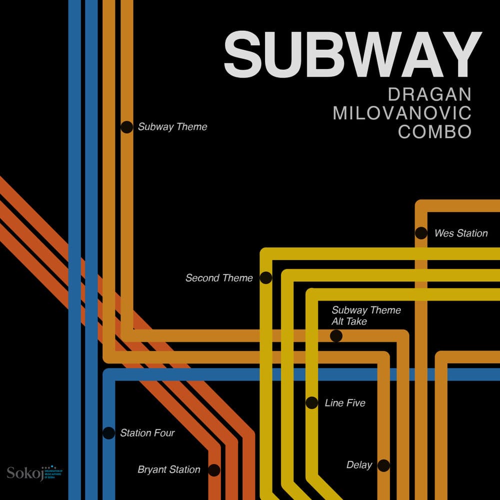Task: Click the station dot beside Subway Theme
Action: [x=126, y=127]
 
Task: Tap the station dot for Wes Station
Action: [x=421, y=233]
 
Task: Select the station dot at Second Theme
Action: [x=266, y=278]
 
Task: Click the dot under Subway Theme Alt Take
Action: [x=336, y=336]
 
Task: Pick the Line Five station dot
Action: [x=311, y=403]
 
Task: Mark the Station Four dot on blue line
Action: [x=108, y=433]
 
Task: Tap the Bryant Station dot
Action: [x=214, y=470]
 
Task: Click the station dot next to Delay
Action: [x=383, y=465]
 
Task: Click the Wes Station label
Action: [x=461, y=233]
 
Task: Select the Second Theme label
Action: [x=219, y=278]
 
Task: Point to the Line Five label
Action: [x=345, y=403]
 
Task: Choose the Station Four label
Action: [x=147, y=433]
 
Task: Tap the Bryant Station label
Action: [x=169, y=470]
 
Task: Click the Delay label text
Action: [x=359, y=465]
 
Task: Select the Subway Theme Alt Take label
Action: [x=366, y=316]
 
